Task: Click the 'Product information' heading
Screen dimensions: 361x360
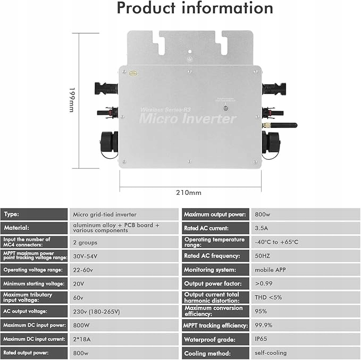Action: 195,8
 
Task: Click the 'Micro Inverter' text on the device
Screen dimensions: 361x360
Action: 187,118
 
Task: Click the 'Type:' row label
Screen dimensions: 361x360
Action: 12,215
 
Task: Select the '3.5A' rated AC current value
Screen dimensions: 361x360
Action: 262,228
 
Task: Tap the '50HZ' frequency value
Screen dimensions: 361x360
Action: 263,256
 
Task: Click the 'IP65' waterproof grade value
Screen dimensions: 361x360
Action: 261,339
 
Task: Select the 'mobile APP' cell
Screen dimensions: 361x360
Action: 270,270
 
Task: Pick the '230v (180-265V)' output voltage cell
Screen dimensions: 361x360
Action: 97,311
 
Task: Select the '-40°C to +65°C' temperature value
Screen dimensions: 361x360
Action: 276,242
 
